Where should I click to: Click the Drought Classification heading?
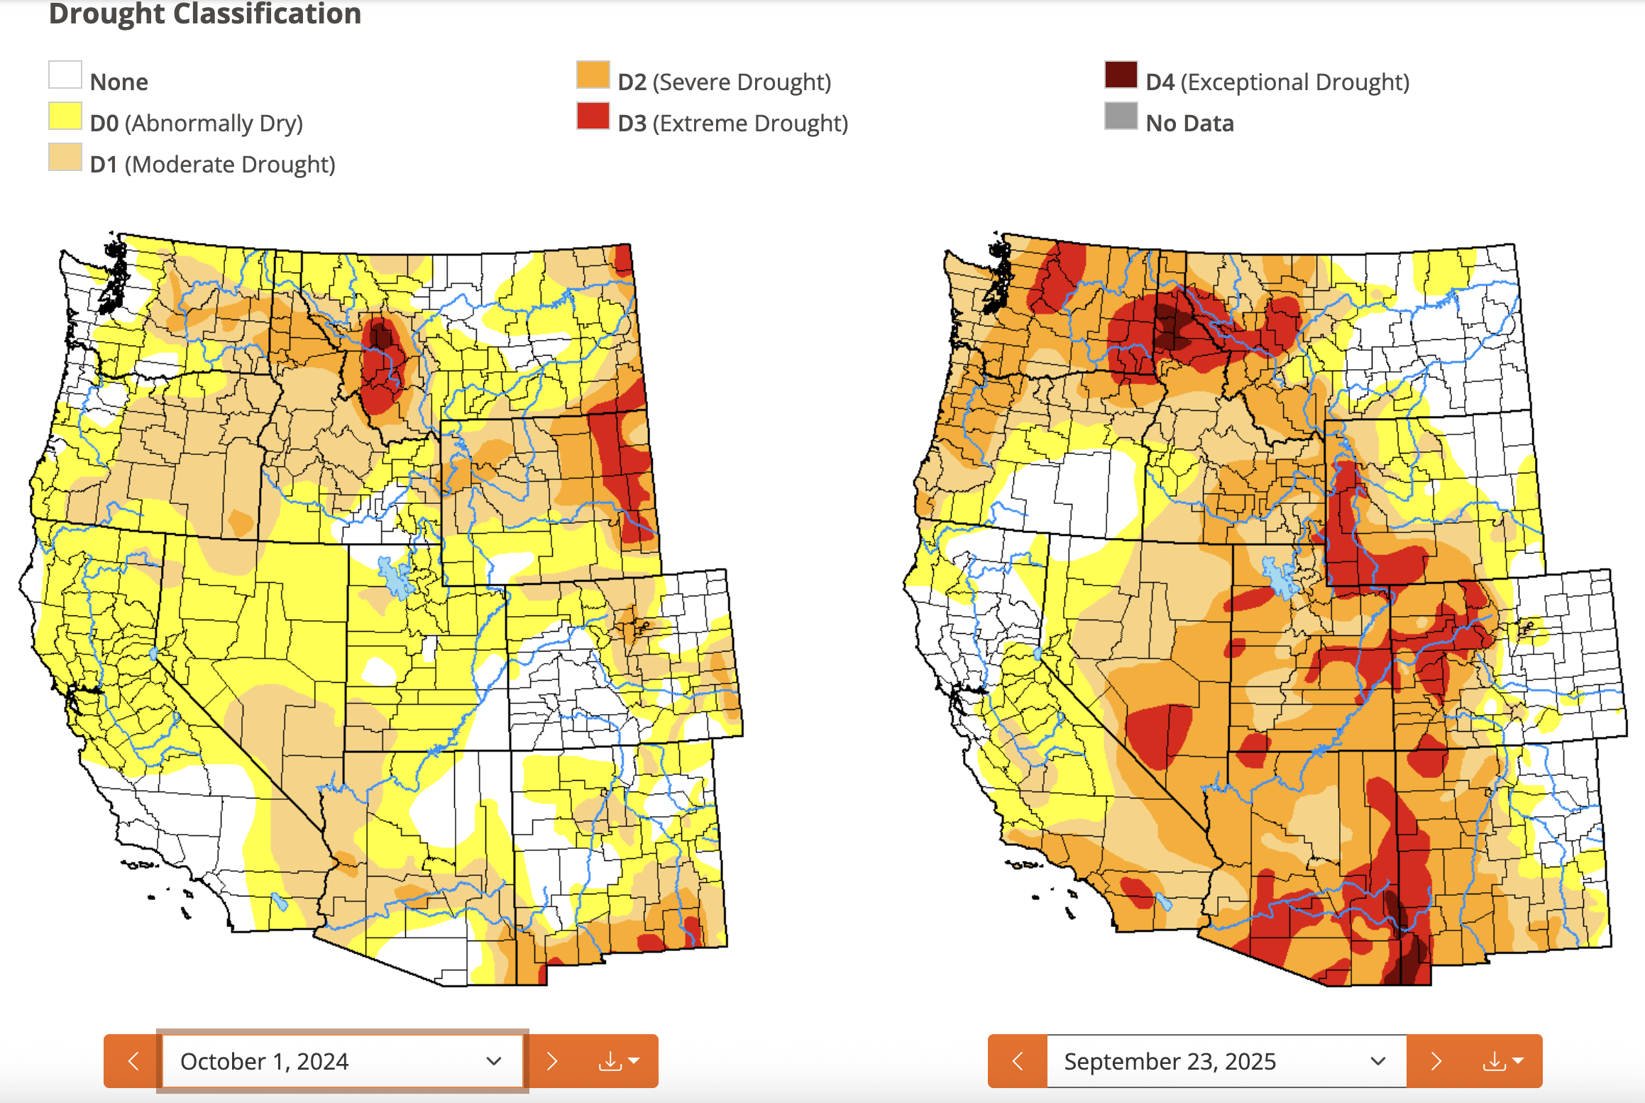point(205,14)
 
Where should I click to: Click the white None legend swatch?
point(65,75)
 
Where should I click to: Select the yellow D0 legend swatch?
point(65,116)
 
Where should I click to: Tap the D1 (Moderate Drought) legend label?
point(212,165)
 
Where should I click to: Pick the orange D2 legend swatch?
point(593,75)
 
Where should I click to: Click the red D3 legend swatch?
point(593,116)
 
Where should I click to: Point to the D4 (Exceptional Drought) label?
point(1277,82)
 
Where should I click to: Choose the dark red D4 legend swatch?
point(1121,75)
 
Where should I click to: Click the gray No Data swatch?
point(1121,116)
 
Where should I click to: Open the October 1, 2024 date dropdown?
point(342,1061)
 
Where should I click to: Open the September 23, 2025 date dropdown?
point(1226,1061)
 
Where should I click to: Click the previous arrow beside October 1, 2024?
point(133,1061)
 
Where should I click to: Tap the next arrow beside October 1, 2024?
point(552,1061)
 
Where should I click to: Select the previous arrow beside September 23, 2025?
point(1017,1061)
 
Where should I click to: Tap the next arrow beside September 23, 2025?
point(1436,1061)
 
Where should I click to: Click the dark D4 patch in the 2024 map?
point(381,334)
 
